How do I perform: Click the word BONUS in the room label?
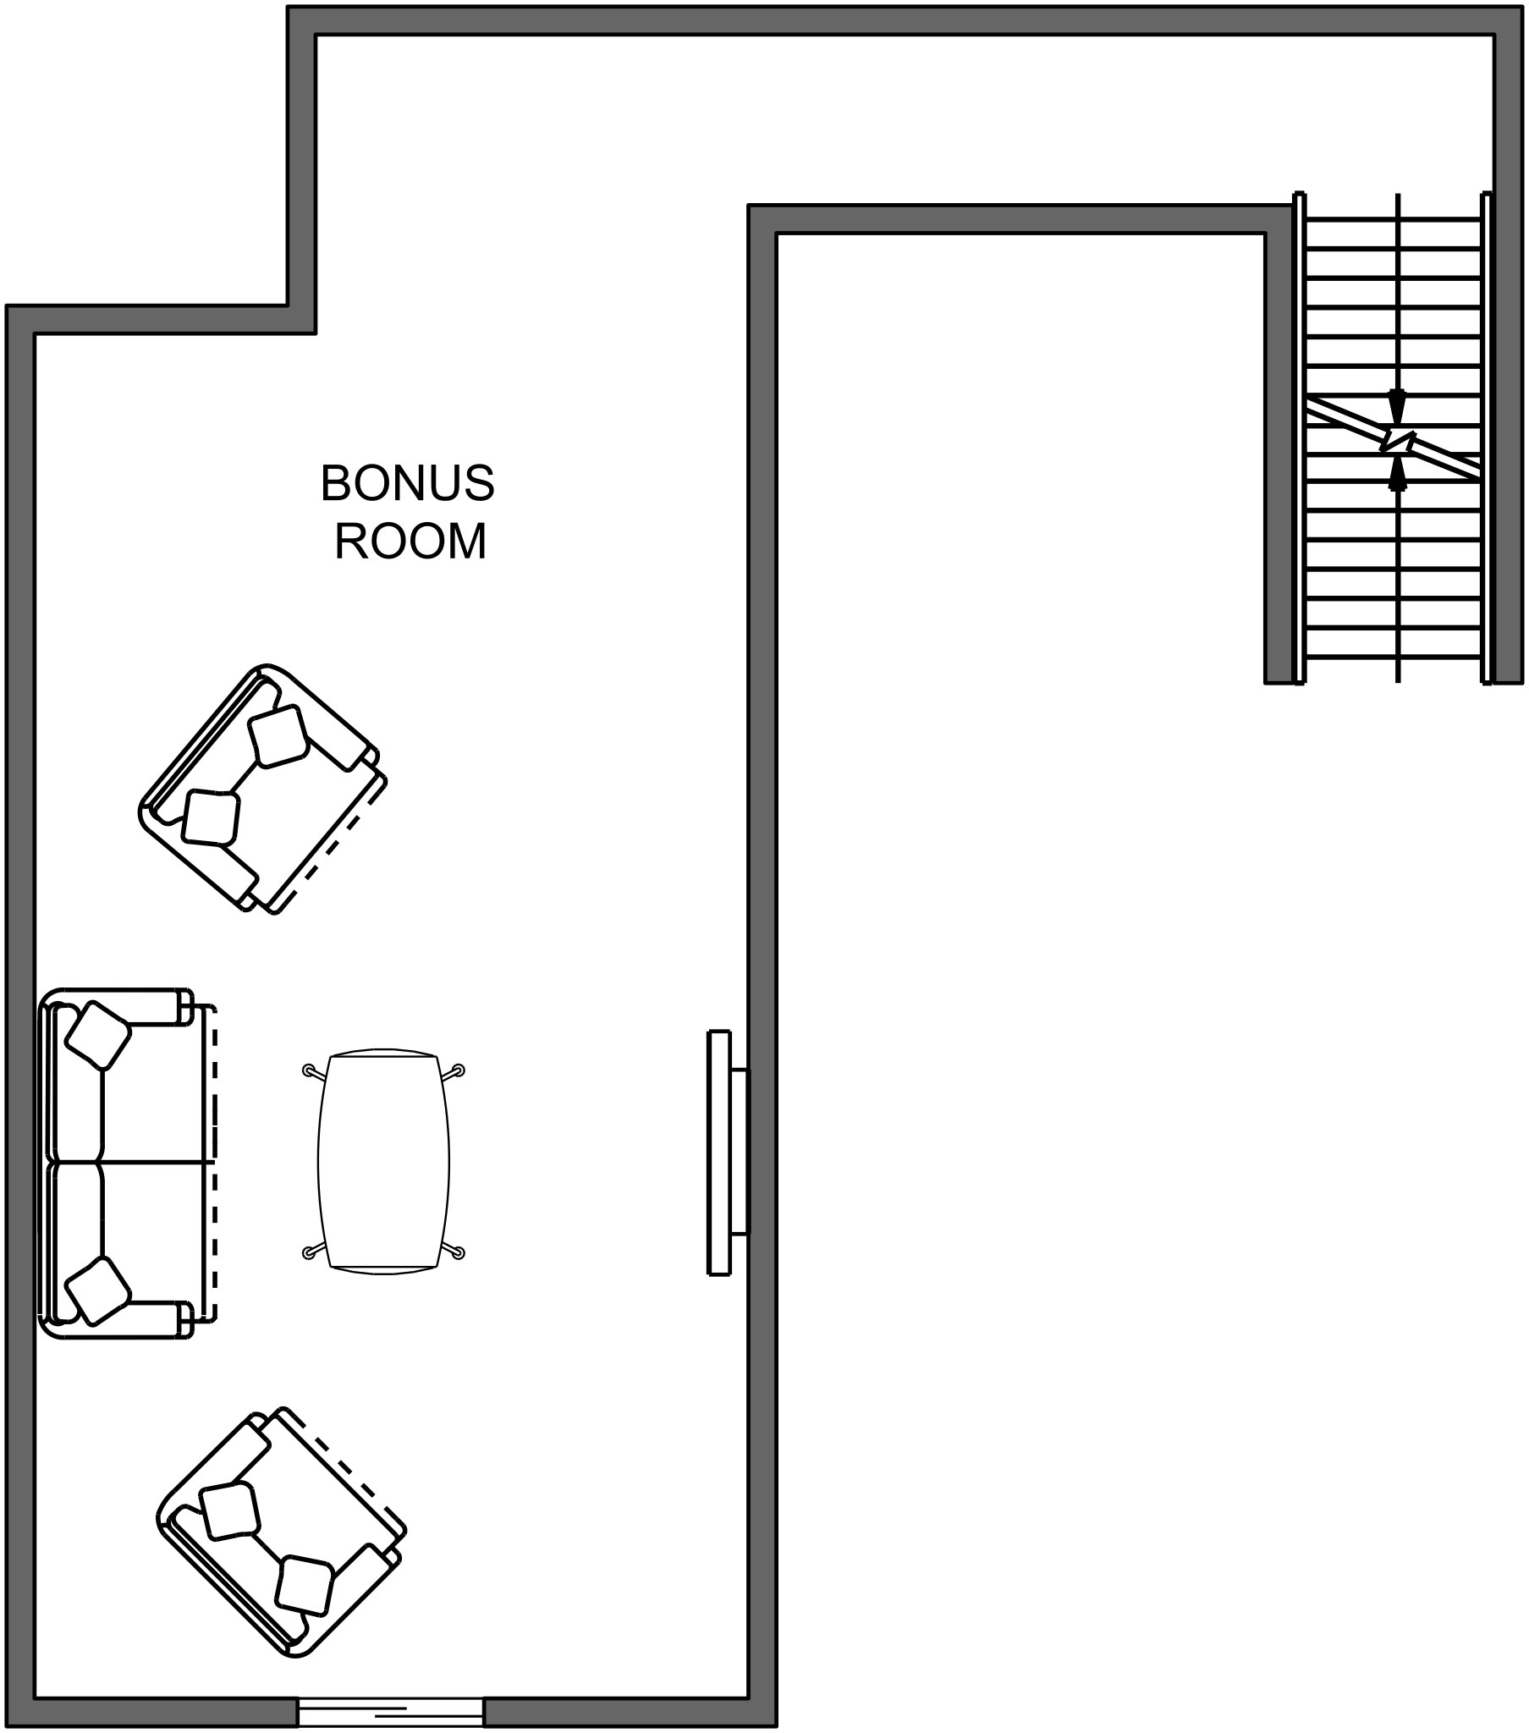[x=407, y=483]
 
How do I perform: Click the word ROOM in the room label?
[x=410, y=541]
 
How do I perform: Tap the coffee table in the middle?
[x=383, y=1163]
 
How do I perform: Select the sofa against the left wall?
[x=127, y=1164]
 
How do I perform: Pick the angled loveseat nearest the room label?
[x=263, y=789]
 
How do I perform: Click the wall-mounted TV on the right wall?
[x=728, y=1164]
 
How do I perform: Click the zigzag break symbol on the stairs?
[x=1398, y=441]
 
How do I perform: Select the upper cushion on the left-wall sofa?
[x=98, y=1035]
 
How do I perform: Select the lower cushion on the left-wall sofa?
[x=98, y=1290]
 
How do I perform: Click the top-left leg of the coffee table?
[x=315, y=1072]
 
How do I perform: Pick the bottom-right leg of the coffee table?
[x=452, y=1252]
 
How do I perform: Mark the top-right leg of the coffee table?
[x=452, y=1072]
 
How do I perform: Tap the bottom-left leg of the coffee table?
[x=315, y=1252]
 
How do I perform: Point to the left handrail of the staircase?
[x=1299, y=437]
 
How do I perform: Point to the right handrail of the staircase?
[x=1486, y=437]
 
